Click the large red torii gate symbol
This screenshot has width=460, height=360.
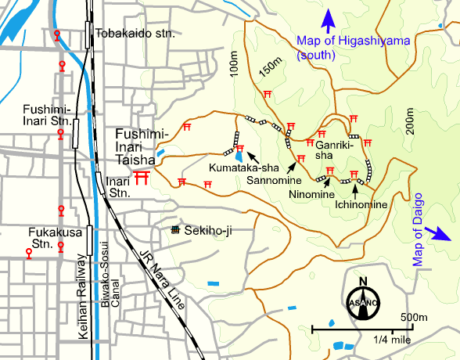pyautogui.click(x=142, y=178)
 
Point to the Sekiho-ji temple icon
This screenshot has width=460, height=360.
pyautogui.click(x=175, y=230)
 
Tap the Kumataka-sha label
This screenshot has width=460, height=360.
pyautogui.click(x=235, y=167)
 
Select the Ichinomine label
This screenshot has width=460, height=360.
pyautogui.click(x=361, y=204)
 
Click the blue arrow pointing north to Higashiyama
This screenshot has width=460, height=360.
pyautogui.click(x=329, y=17)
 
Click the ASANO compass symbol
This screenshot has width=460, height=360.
pyautogui.click(x=362, y=301)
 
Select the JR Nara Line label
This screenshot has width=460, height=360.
pyautogui.click(x=161, y=277)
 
